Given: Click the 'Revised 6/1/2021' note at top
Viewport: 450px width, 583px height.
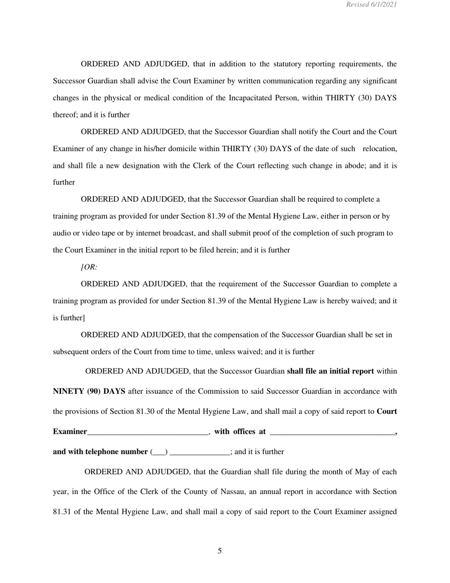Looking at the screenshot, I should point(371,5).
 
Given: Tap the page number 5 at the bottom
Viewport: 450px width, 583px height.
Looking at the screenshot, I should point(220,551).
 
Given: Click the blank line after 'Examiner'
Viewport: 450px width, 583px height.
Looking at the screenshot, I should point(148,432).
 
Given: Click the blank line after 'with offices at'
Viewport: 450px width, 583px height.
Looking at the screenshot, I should point(332,432).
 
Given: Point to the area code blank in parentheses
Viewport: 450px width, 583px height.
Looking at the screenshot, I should point(159,452).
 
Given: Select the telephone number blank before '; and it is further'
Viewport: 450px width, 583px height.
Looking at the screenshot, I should point(199,452).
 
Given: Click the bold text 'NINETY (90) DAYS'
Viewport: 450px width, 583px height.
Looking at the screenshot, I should point(89,392).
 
